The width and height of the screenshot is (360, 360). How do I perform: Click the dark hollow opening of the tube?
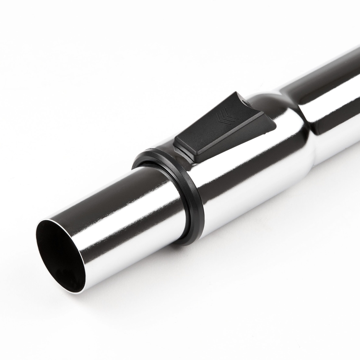58,255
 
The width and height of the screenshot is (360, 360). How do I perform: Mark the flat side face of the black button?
232,141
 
